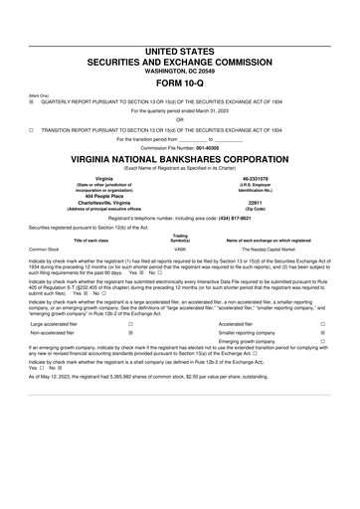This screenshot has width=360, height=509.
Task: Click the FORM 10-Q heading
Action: (179, 82)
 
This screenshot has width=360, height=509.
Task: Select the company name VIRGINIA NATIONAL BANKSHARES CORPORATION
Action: (179, 159)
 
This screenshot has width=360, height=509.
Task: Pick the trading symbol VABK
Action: (180, 249)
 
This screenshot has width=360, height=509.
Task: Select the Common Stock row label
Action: (45, 249)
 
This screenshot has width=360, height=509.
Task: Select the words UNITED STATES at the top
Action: (179, 49)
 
